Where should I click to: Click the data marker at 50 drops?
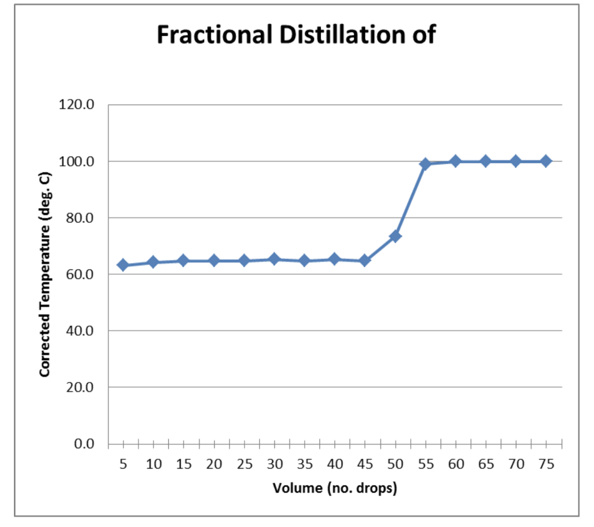coord(396,236)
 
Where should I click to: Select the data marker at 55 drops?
coord(426,164)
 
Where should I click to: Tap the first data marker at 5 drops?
coord(123,265)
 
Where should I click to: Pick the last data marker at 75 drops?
coord(546,161)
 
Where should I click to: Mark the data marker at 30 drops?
coord(274,259)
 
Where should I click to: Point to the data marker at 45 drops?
coord(365,260)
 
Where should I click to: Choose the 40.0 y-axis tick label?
coord(79,331)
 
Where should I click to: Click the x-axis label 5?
coord(123,464)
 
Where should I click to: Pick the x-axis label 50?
coord(396,464)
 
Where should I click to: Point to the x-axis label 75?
coord(546,464)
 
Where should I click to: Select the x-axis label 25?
coord(244,464)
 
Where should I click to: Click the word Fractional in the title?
coord(214,35)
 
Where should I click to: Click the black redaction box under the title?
coord(320,70)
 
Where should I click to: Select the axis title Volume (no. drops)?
coord(335,488)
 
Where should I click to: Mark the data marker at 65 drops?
coord(486,161)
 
